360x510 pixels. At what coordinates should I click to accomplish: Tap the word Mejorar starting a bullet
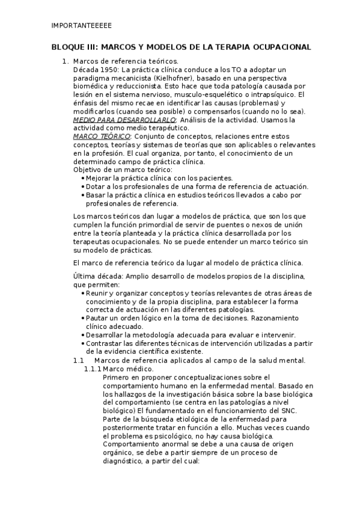(x=100, y=178)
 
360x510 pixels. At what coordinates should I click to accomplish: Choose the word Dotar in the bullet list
(x=96, y=186)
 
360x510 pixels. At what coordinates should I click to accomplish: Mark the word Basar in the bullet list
(x=96, y=195)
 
